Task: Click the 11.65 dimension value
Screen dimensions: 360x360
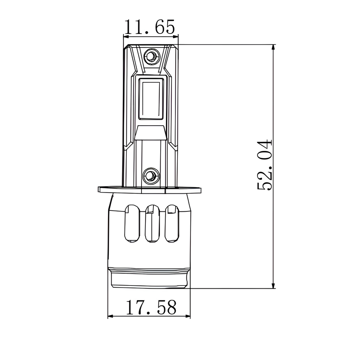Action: [x=149, y=27]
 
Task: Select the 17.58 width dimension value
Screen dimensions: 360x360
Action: [x=151, y=307]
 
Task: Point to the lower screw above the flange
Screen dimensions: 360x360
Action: [x=151, y=176]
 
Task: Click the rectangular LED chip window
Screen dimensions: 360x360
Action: [x=151, y=99]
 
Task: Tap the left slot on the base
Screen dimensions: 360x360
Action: [x=132, y=223]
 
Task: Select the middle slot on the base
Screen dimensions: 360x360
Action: [x=152, y=223]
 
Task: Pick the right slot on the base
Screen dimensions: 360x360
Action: [x=172, y=223]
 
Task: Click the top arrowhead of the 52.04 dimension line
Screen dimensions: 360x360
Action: [x=273, y=47]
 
